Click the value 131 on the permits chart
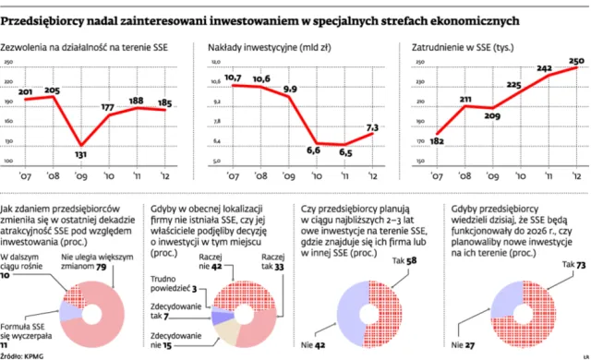[x=82, y=154]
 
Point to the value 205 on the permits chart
[x=52, y=90]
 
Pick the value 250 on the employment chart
[x=576, y=61]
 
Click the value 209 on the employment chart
[x=492, y=117]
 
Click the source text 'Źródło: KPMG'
[x=25, y=354]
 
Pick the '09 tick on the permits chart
[x=82, y=175]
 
